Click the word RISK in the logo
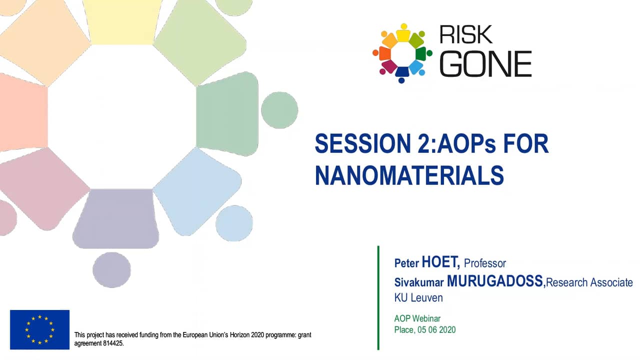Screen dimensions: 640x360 point(465,34)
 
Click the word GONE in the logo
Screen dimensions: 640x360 point(485,64)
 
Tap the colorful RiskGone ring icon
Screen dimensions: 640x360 point(402,53)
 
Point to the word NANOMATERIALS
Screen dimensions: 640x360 point(409,175)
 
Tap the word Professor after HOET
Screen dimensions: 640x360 point(485,263)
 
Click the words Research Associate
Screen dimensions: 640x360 point(589,282)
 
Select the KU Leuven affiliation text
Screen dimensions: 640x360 point(418,297)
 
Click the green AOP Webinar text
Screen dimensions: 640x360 point(417,318)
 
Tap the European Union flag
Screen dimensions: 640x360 point(39,329)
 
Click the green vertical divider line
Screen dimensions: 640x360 point(378,297)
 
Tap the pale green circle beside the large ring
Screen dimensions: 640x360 point(279,110)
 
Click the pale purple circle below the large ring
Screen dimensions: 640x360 point(111,269)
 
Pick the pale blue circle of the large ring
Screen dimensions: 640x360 point(234,223)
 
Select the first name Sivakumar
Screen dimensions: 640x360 point(419,282)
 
